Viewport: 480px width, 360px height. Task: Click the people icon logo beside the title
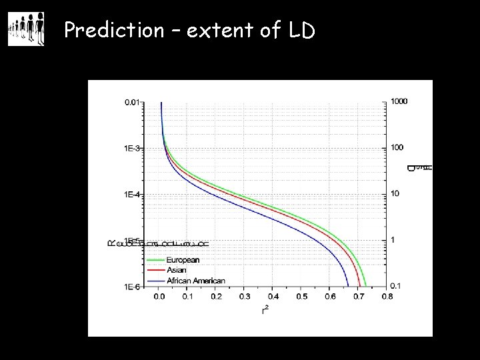click(x=26, y=29)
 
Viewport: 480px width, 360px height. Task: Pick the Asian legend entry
click(x=176, y=271)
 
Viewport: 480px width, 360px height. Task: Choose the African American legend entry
click(x=195, y=281)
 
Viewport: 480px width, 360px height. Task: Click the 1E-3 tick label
click(x=132, y=148)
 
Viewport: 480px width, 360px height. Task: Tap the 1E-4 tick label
click(x=132, y=195)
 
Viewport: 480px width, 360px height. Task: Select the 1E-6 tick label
click(x=132, y=287)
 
